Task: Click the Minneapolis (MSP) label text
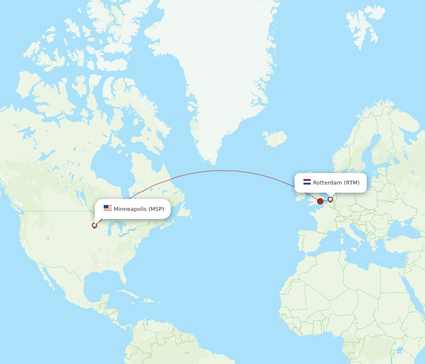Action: (x=139, y=209)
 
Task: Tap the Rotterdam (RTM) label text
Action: (x=336, y=182)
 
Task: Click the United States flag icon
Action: (x=108, y=208)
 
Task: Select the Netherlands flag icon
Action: (x=307, y=182)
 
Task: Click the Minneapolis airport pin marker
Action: (x=94, y=225)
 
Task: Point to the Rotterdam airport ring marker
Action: (x=330, y=199)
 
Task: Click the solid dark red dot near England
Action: (x=320, y=201)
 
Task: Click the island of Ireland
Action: (x=300, y=197)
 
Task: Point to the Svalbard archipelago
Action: (x=361, y=26)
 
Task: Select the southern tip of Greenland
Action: (x=212, y=162)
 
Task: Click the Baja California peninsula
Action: (x=46, y=277)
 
